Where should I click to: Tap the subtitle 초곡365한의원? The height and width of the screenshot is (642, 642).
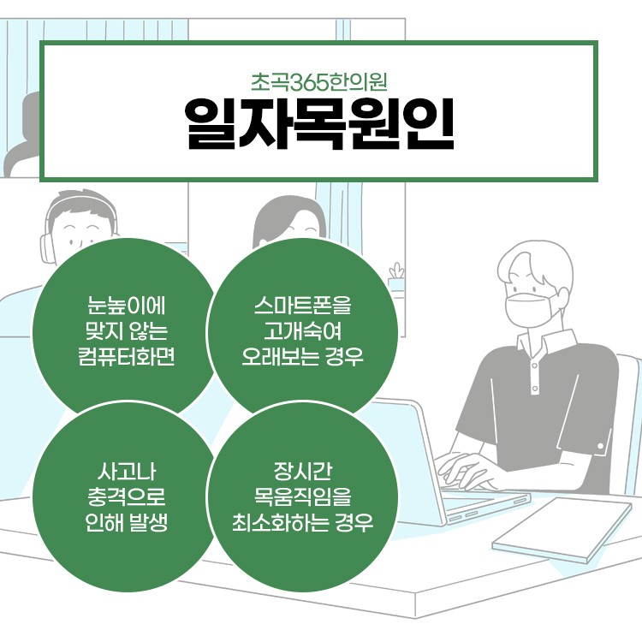(320, 83)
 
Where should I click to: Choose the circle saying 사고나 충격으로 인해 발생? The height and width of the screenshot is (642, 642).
(125, 496)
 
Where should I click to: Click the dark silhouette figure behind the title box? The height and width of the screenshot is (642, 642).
(26, 137)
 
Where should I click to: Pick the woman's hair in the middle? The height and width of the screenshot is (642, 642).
(274, 214)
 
